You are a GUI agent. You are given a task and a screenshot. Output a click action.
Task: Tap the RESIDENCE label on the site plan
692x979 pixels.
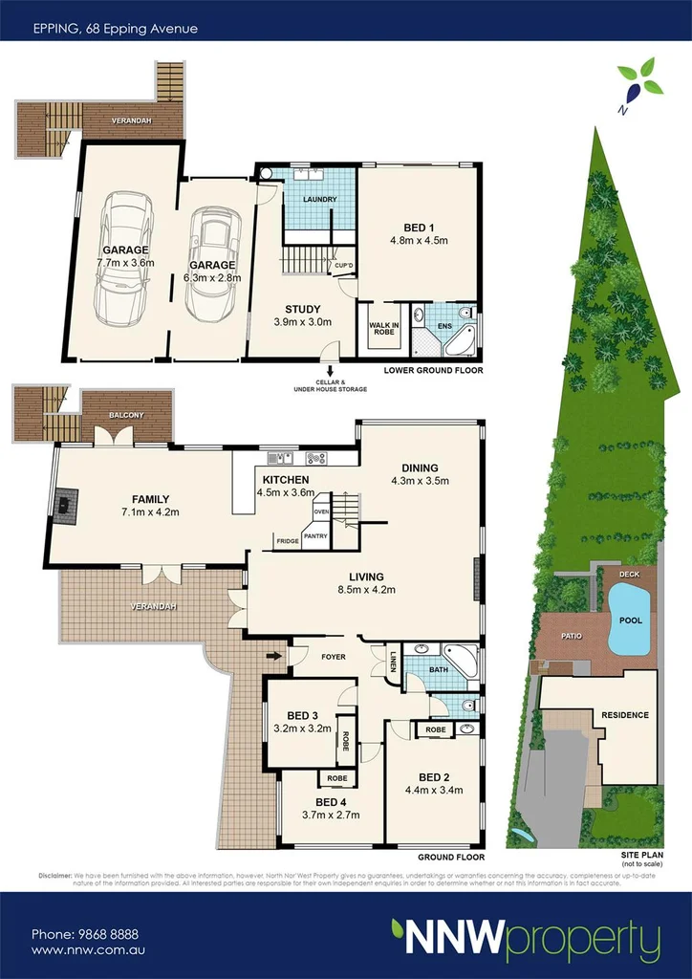tap(624, 715)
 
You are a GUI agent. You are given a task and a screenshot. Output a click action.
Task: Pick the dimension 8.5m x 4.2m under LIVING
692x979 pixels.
tap(366, 591)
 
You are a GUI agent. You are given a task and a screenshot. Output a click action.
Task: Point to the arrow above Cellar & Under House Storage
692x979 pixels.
tap(330, 370)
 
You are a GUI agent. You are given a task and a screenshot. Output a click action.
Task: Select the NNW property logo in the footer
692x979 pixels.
tap(525, 938)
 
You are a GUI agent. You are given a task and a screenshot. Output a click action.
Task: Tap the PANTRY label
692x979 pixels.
tap(316, 535)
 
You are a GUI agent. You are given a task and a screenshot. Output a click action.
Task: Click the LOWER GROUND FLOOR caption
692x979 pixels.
tap(433, 369)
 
